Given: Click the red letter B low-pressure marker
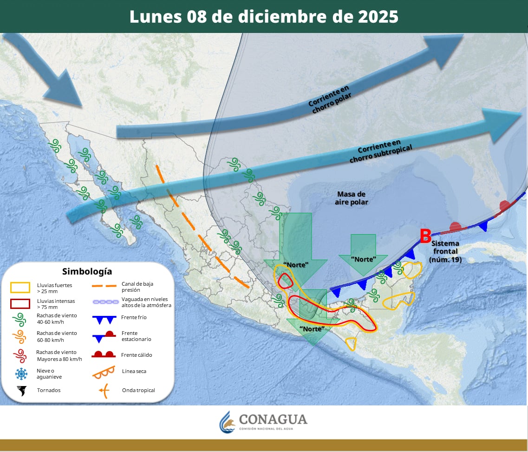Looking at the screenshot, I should click(425, 236).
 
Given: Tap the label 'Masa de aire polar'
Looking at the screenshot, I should click(352, 198).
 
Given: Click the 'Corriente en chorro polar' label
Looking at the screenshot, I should click(330, 96).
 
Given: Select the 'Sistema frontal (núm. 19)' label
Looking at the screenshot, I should click(446, 251).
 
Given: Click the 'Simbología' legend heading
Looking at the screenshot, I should click(87, 271).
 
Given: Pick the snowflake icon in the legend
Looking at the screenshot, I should click(21, 374).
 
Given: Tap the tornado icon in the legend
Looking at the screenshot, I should click(21, 390).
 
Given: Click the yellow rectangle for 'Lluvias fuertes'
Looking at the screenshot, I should click(20, 288).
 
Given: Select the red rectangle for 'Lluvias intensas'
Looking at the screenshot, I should click(20, 304).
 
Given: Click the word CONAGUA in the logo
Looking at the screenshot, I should click(273, 419).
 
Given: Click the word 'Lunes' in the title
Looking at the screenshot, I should click(155, 17).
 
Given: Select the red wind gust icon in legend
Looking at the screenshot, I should click(20, 355).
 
